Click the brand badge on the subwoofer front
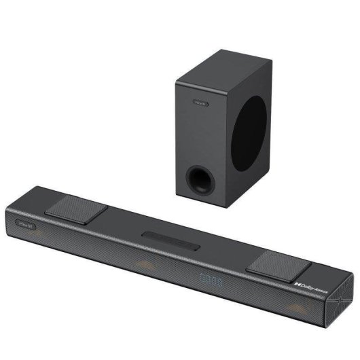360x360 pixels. (x=200, y=103)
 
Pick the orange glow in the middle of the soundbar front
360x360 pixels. (x=146, y=267)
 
